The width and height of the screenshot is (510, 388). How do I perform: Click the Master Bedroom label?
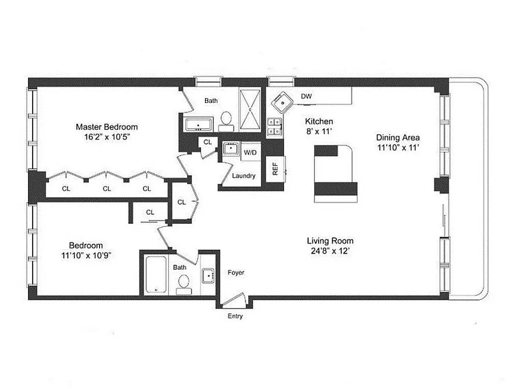(106, 127)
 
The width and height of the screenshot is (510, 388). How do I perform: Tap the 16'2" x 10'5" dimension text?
(106, 137)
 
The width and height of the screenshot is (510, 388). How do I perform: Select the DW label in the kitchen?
(306, 97)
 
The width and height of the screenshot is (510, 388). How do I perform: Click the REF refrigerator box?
(275, 168)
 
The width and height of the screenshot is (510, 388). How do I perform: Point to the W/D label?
(250, 152)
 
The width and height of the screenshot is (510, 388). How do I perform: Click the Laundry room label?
(243, 176)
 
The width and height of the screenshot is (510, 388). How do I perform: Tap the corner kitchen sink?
(281, 102)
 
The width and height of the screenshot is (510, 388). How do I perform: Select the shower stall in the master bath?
(251, 110)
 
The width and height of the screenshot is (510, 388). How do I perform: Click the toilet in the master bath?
(226, 120)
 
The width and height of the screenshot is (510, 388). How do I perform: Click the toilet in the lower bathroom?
(184, 283)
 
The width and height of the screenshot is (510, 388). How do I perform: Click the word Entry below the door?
(235, 316)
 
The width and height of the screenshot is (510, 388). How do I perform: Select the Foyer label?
(236, 273)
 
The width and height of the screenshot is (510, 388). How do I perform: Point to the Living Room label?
(330, 241)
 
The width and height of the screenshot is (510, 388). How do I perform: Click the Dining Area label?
(398, 137)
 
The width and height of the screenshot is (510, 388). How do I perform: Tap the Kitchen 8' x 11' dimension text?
(319, 131)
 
